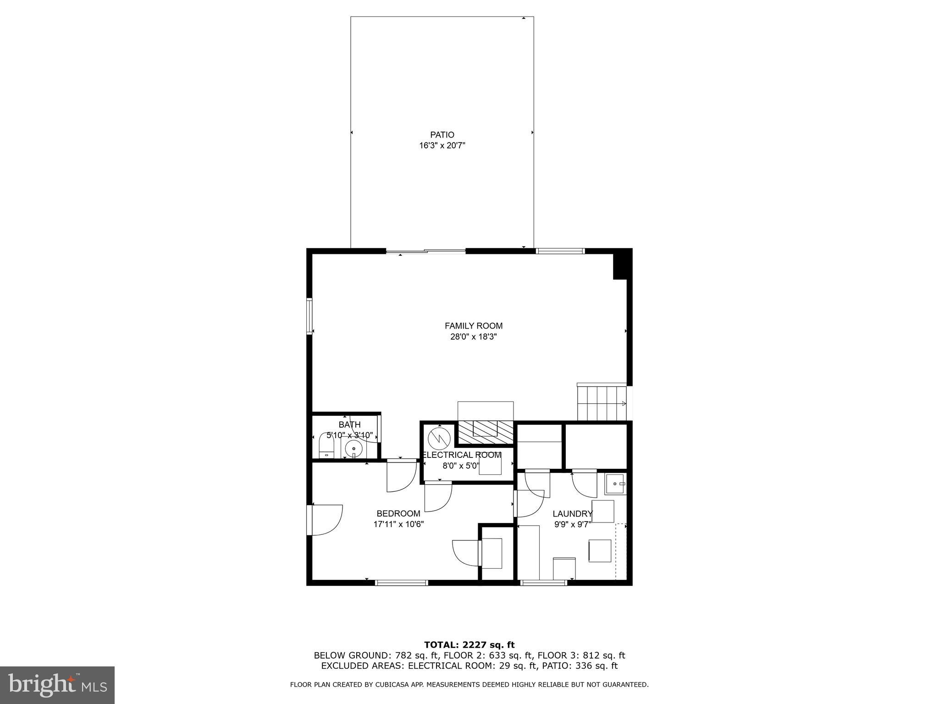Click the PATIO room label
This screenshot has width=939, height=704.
click(x=442, y=135)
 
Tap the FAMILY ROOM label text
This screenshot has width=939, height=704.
click(x=473, y=326)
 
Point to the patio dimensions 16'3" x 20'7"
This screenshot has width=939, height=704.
click(x=442, y=146)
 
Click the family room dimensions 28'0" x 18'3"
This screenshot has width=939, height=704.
click(x=473, y=337)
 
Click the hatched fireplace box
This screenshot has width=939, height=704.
click(x=486, y=432)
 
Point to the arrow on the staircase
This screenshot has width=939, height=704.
click(x=624, y=403)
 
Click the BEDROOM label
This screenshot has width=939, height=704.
click(x=398, y=514)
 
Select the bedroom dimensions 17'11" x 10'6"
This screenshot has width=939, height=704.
click(x=398, y=524)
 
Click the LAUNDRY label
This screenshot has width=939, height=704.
click(x=572, y=514)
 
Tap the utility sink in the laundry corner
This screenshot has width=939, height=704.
click(x=615, y=484)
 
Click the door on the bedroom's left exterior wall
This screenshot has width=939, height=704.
click(x=310, y=519)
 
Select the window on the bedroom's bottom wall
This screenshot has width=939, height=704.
click(x=401, y=583)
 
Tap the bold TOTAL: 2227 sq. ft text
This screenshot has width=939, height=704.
click(x=469, y=645)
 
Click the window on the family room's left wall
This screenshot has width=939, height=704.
click(x=309, y=316)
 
